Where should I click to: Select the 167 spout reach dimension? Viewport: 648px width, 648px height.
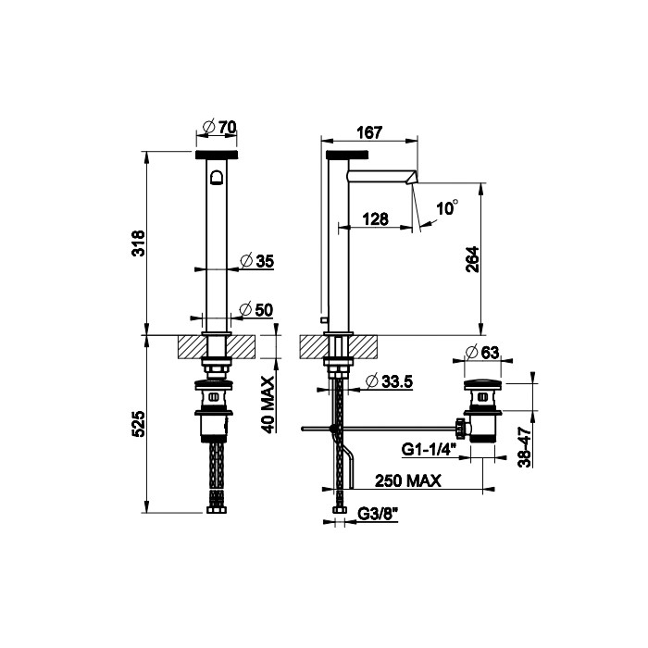368,132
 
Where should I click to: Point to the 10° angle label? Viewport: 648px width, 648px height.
446,209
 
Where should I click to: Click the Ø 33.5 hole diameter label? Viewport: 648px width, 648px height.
388,381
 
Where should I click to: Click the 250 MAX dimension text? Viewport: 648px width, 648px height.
407,480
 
